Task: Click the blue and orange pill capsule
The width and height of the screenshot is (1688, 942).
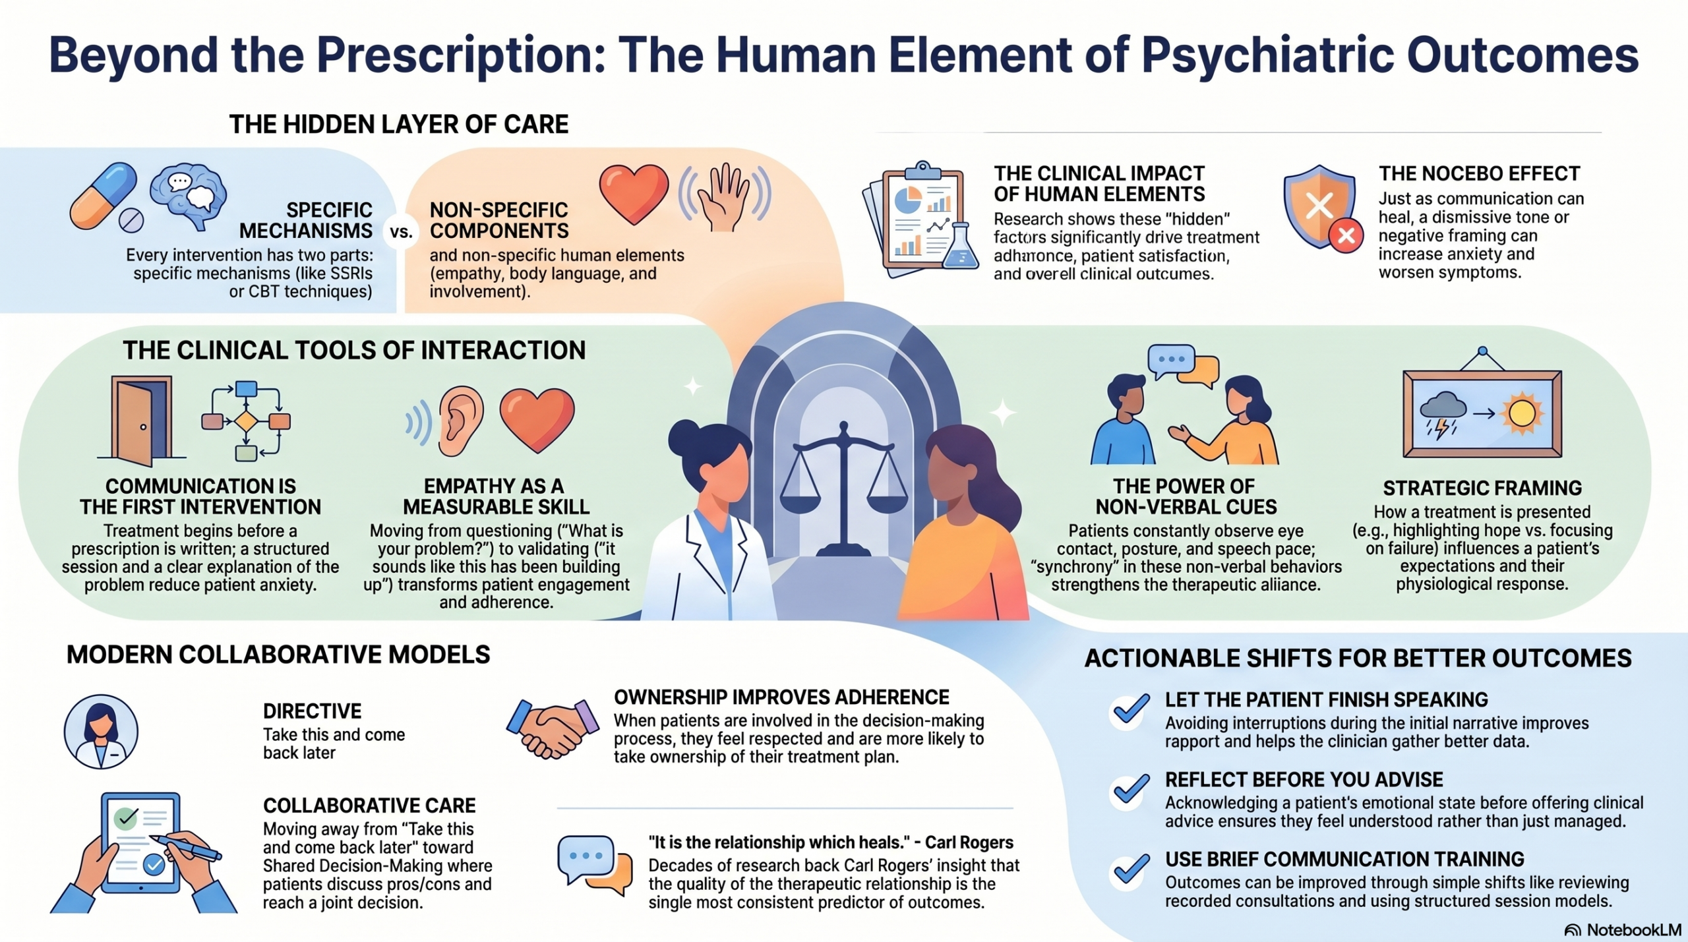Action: [x=104, y=196]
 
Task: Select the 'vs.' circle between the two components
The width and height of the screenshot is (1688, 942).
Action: [x=401, y=232]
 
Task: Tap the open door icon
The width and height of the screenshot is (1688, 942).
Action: [x=141, y=420]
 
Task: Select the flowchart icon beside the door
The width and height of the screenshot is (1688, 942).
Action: [x=246, y=420]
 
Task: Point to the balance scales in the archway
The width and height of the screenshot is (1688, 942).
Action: [x=843, y=488]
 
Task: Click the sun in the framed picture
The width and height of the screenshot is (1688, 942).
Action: [x=1522, y=414]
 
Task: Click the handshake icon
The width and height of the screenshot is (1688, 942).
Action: [x=553, y=728]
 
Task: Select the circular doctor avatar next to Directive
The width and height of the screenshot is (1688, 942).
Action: [x=101, y=732]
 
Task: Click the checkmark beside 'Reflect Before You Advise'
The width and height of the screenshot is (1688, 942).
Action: [x=1130, y=790]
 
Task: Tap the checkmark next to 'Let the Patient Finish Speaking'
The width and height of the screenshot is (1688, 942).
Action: [x=1130, y=710]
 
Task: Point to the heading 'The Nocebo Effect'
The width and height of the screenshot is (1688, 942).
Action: [x=1479, y=173]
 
